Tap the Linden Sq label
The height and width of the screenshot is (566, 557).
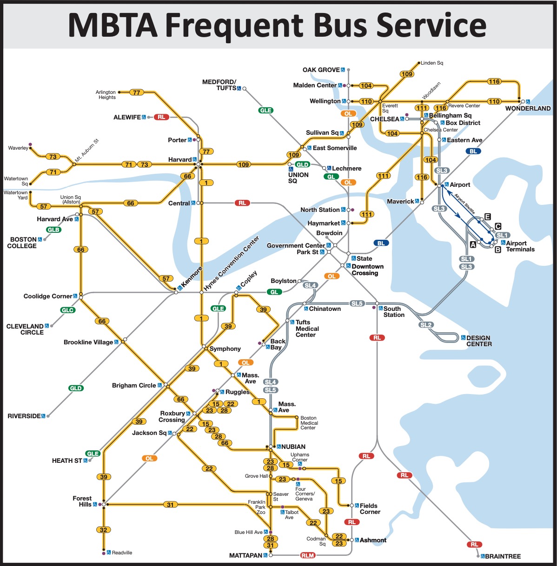coord(432,63)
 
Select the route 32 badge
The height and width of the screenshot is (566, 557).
coord(103,530)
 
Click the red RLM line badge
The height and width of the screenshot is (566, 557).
coord(308,555)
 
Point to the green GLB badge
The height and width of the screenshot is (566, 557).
coord(53,230)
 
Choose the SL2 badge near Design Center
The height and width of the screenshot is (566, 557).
coord(426,325)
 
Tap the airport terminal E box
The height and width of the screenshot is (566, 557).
coord(487,217)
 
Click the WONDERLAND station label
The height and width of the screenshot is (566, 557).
coord(528,108)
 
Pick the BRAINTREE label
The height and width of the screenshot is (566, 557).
coord(503,556)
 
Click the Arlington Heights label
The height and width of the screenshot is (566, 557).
coord(106,95)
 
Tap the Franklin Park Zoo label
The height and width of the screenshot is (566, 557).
coord(257,507)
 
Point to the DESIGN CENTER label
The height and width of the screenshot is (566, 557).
coord(479,341)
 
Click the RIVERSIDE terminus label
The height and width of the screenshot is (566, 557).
coord(24,416)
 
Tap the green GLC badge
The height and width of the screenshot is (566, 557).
coord(67,310)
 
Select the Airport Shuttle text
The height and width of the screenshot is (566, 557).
coord(464,204)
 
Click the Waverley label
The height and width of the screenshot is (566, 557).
coord(18,148)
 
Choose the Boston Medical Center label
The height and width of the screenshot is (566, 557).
coord(309,423)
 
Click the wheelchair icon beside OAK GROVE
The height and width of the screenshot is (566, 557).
coord(343,70)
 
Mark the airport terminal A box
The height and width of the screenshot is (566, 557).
coord(473,244)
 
